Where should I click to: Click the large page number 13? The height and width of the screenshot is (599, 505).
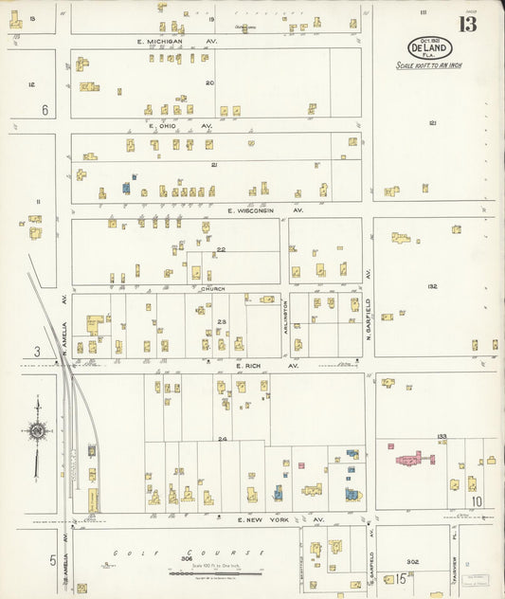(469, 24)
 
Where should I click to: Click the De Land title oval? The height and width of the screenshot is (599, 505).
(429, 47)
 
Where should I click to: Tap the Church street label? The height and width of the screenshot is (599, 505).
(210, 290)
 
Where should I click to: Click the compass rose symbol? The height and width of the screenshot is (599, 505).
(37, 431)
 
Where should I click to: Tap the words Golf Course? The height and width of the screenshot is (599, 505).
(142, 552)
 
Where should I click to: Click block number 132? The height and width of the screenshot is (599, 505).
(432, 285)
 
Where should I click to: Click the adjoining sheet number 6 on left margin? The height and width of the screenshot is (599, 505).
(44, 109)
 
